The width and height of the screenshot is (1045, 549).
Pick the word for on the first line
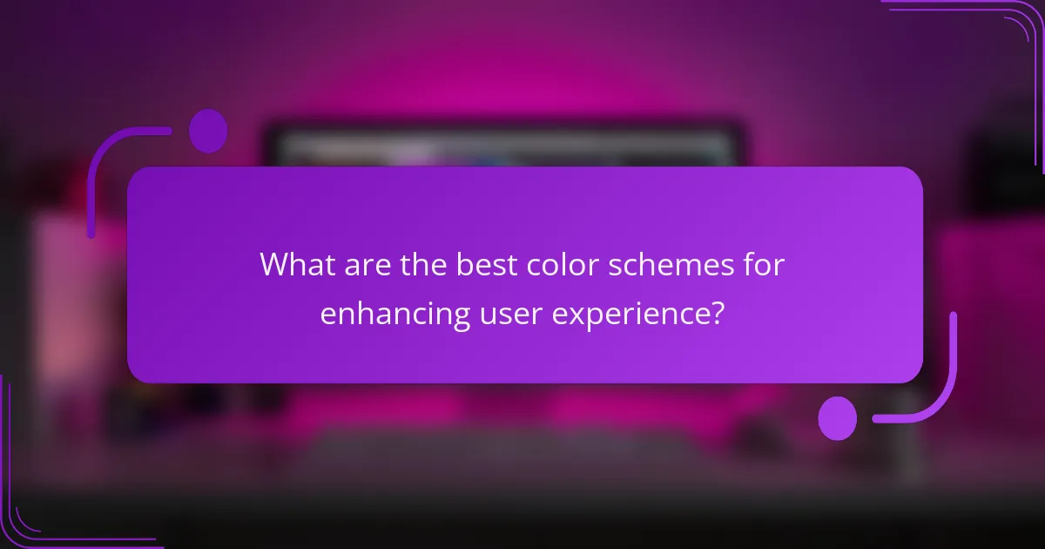point(765,265)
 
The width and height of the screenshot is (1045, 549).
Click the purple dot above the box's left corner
point(208,131)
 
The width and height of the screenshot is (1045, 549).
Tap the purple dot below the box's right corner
point(838,417)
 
